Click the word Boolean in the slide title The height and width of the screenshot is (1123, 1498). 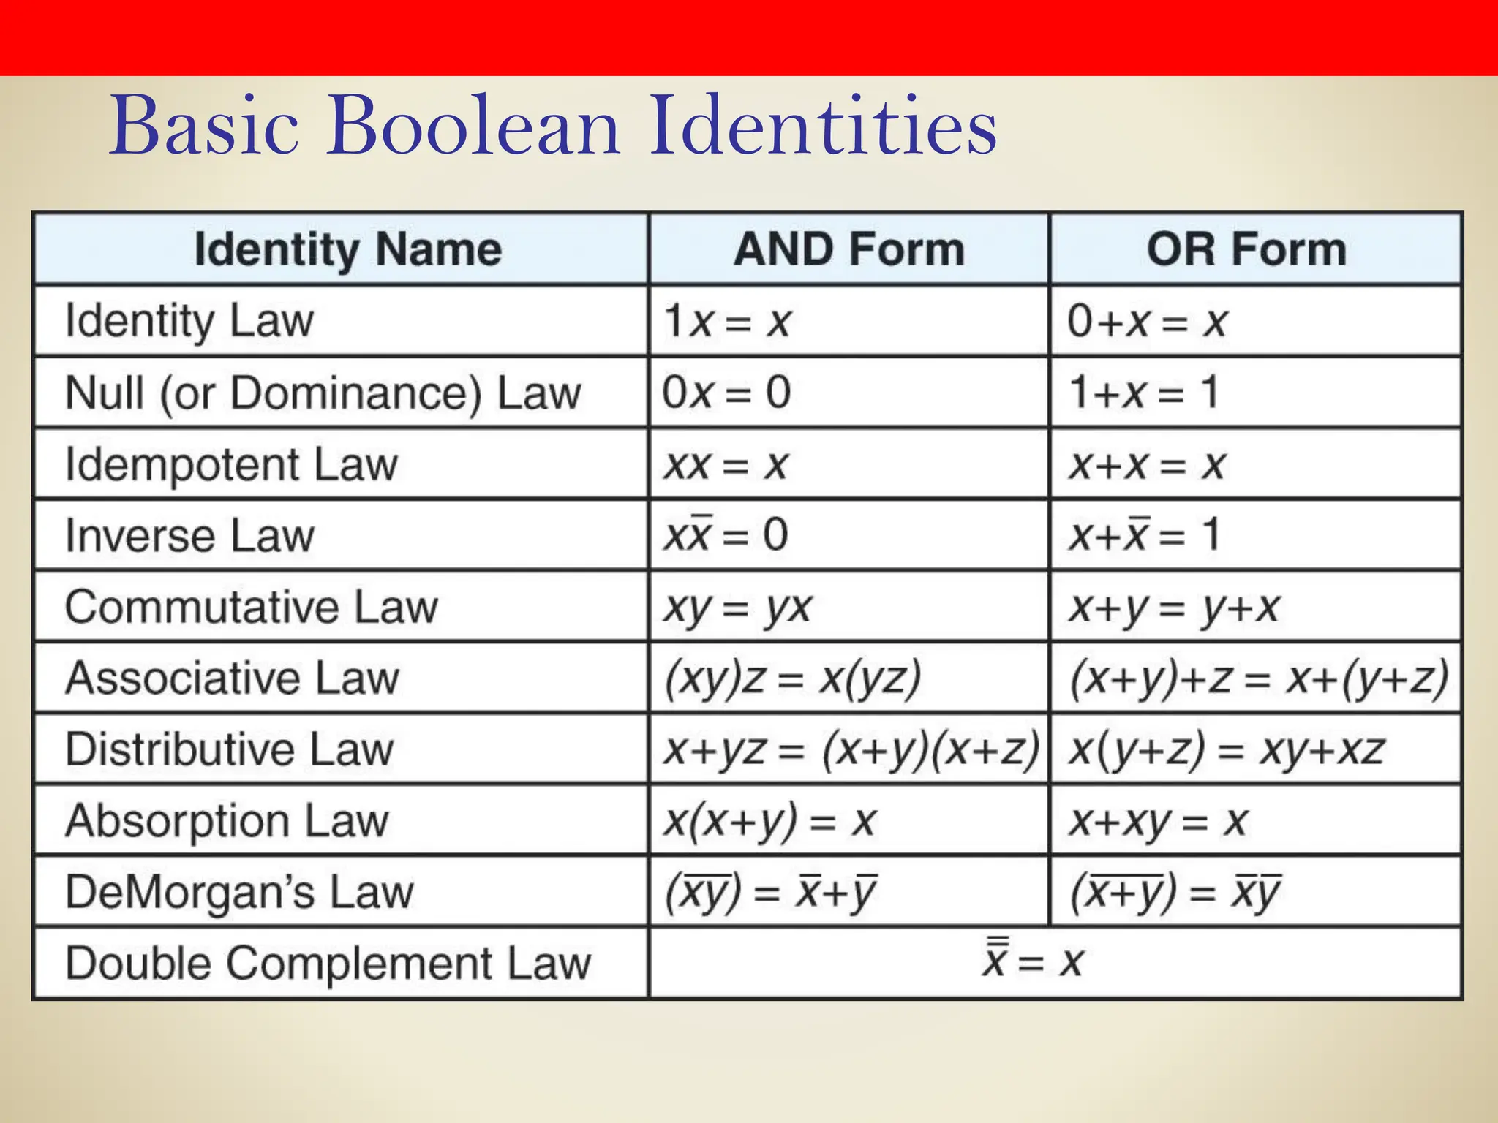tap(474, 126)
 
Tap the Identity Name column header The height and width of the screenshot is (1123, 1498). tap(348, 249)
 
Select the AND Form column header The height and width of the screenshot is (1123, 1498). tap(849, 249)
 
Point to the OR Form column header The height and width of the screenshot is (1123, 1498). tap(1246, 249)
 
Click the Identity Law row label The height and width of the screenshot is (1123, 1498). tap(189, 321)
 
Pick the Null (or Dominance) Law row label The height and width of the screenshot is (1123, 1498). tap(323, 393)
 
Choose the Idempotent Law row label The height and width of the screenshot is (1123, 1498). tap(231, 464)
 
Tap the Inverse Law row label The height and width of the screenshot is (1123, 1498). tap(189, 535)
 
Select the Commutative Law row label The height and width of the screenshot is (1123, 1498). tap(251, 607)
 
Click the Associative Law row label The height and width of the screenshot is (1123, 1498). tap(232, 678)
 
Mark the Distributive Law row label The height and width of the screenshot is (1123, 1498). tap(229, 749)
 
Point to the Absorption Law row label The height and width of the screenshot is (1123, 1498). tap(227, 820)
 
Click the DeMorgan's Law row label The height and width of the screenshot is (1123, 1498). tap(239, 892)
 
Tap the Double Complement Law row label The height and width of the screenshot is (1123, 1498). tap(328, 963)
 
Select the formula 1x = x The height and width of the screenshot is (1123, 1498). tap(727, 321)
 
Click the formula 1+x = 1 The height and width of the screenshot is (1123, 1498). tap(1143, 393)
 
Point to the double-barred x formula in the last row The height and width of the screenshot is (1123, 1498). tap(1032, 961)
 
